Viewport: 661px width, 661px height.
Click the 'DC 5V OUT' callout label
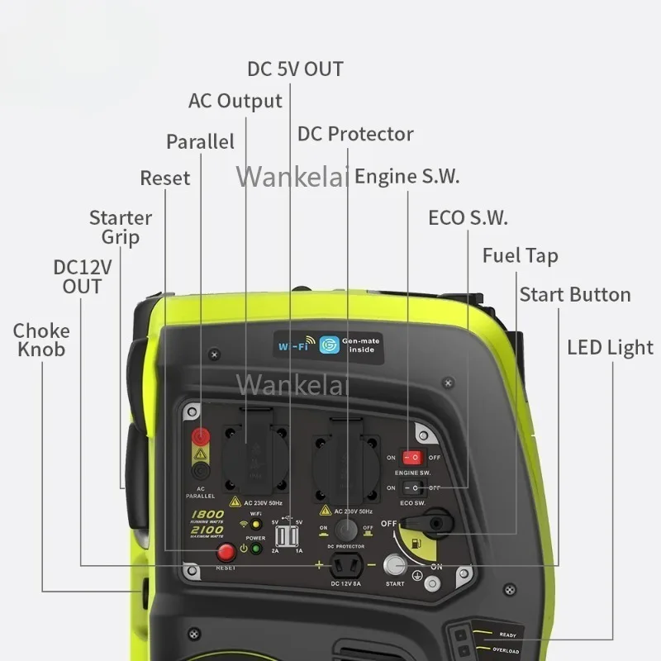pyautogui.click(x=295, y=69)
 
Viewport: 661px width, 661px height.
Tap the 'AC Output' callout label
pyautogui.click(x=235, y=101)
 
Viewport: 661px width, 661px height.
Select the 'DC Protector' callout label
pyautogui.click(x=355, y=134)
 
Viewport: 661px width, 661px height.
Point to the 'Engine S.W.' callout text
pyautogui.click(x=407, y=176)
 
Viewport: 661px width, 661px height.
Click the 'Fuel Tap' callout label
pyautogui.click(x=520, y=255)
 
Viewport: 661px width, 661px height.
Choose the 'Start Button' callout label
pyautogui.click(x=574, y=295)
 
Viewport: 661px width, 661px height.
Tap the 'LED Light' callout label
pyautogui.click(x=610, y=347)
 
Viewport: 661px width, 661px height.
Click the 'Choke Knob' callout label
pyautogui.click(x=41, y=340)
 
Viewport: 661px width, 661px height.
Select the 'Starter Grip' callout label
pyautogui.click(x=121, y=227)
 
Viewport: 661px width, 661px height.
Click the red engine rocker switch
pyautogui.click(x=411, y=457)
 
